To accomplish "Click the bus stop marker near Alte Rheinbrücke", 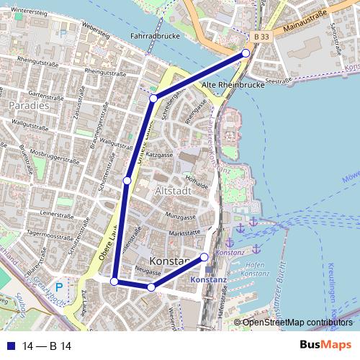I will (246, 53).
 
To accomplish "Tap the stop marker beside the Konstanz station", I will (204, 257).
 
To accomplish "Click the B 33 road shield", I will (263, 37).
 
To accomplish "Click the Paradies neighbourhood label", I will (29, 105).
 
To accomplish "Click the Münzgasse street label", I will (180, 215).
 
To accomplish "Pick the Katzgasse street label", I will (160, 154).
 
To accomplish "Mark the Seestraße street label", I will (278, 81).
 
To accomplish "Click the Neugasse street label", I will (147, 272).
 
